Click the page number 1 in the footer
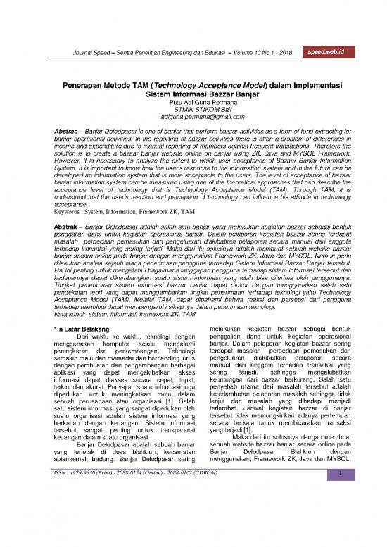(338, 534)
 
